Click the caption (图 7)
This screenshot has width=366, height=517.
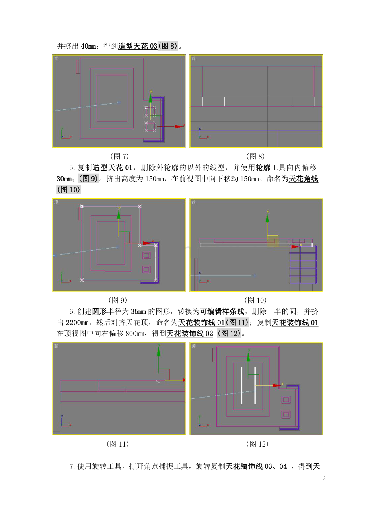click(x=119, y=156)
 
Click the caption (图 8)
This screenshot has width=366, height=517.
click(x=255, y=156)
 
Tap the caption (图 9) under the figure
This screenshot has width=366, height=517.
click(x=118, y=300)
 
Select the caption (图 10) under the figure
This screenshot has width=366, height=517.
click(x=255, y=300)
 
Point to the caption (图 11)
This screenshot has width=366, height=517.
click(x=117, y=444)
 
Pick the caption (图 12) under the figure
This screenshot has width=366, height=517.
click(x=257, y=444)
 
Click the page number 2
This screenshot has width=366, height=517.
click(x=324, y=478)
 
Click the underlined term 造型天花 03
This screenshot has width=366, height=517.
click(x=138, y=46)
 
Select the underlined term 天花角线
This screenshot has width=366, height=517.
click(x=304, y=179)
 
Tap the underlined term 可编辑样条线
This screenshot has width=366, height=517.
click(x=222, y=311)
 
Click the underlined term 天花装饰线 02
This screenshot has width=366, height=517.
click(x=190, y=334)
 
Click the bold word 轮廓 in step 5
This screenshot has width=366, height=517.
click(x=263, y=167)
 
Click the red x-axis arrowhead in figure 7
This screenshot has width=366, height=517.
click(x=179, y=126)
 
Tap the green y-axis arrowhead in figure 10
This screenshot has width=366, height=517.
click(x=267, y=218)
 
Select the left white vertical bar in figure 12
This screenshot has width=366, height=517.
click(x=241, y=385)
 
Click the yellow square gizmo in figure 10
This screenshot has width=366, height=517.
click(x=273, y=241)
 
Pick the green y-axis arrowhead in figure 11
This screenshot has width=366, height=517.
click(x=159, y=351)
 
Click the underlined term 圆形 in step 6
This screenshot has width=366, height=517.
click(x=99, y=311)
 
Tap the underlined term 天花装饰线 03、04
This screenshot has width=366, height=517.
click(x=256, y=466)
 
